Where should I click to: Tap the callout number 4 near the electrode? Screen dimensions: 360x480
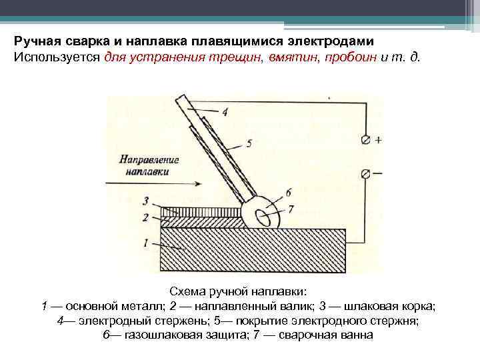[x=225, y=112]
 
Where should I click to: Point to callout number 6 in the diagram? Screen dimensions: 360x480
[x=288, y=192]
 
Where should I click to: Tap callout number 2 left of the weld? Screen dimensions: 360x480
[x=145, y=217]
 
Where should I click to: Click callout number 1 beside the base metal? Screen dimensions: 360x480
[x=145, y=244]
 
